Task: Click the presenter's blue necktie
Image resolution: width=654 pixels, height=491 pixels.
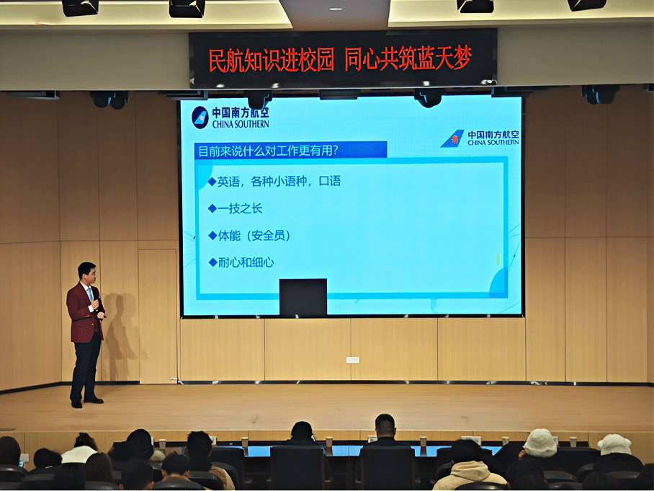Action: tap(90, 294)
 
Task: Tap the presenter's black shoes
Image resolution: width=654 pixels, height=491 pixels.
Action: tap(86, 402)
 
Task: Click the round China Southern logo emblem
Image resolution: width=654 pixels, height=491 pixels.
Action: tap(200, 118)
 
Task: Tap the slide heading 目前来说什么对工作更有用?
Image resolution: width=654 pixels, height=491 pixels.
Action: tap(268, 150)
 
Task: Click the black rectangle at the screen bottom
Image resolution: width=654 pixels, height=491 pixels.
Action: tap(303, 297)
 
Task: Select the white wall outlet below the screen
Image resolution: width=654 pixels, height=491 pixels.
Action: tap(353, 360)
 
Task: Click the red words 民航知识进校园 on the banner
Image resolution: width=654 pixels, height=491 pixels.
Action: tap(271, 60)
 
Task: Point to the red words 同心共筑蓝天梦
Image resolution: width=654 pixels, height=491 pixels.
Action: tap(408, 58)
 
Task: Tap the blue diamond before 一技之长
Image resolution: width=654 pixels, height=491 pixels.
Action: tap(212, 208)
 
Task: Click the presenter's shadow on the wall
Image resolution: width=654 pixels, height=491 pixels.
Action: tap(120, 329)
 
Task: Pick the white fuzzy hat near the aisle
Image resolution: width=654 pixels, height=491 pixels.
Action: tap(539, 443)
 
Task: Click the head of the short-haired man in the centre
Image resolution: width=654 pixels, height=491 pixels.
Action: tap(385, 426)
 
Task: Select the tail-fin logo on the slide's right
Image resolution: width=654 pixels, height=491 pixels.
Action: tap(452, 138)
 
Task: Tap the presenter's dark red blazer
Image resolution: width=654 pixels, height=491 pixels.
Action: tap(85, 312)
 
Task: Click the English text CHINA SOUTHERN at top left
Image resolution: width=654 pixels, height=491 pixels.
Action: tap(241, 124)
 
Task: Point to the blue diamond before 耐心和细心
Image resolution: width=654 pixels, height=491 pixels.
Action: tap(212, 262)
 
